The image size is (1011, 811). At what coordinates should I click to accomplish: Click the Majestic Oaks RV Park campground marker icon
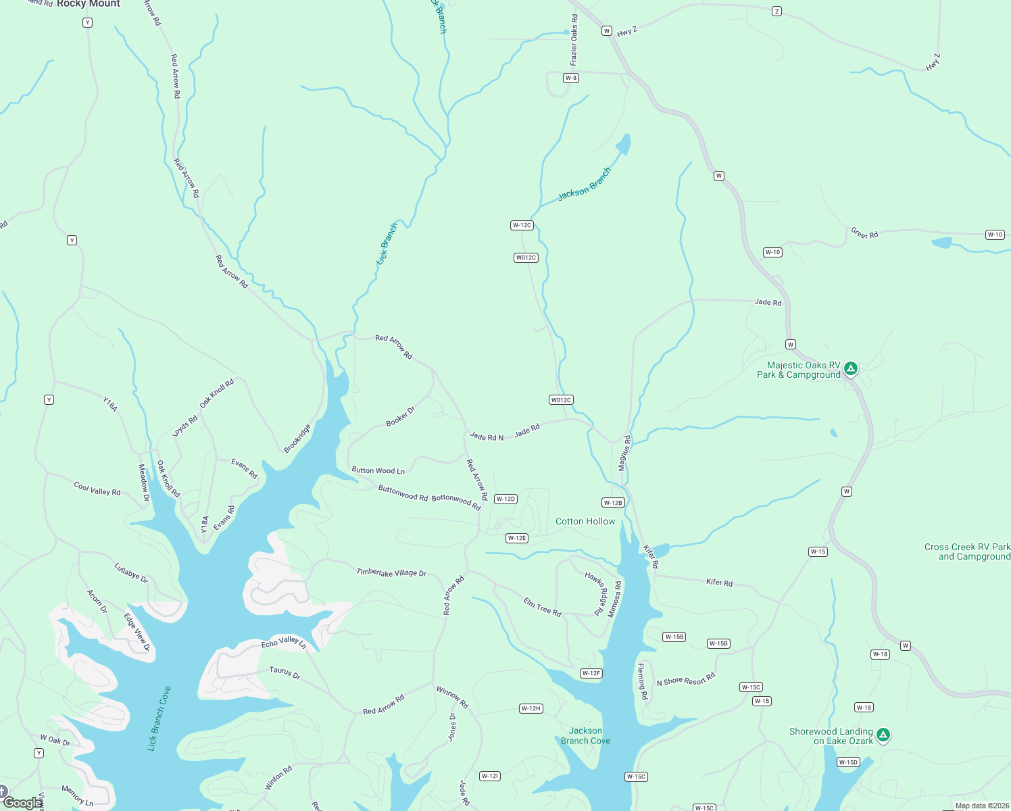[851, 368]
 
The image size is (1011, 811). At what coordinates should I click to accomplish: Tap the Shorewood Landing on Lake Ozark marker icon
[883, 735]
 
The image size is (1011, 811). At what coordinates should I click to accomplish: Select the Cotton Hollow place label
[585, 521]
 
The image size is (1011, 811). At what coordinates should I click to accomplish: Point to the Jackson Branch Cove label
[585, 736]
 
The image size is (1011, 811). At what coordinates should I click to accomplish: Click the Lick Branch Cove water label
[159, 718]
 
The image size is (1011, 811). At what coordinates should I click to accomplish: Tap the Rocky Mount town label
[88, 4]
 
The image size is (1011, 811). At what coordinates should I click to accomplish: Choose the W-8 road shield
[571, 78]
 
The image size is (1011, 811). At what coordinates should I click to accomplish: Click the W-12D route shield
[505, 499]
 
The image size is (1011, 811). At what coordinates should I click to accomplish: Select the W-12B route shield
[613, 502]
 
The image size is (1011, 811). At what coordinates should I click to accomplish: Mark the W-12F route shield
[591, 673]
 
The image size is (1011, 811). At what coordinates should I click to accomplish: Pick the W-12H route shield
[531, 708]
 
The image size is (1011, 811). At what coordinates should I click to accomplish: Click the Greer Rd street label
[864, 234]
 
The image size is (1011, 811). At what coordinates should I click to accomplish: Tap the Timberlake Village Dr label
[391, 572]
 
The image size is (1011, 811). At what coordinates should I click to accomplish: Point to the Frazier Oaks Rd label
[574, 40]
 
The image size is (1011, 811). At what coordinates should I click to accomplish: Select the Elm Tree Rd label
[542, 607]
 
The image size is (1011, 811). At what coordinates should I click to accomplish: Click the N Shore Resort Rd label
[686, 680]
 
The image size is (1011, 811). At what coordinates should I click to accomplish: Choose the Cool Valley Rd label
[97, 489]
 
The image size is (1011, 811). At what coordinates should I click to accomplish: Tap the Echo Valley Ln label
[284, 642]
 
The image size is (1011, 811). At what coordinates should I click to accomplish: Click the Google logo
[22, 803]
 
